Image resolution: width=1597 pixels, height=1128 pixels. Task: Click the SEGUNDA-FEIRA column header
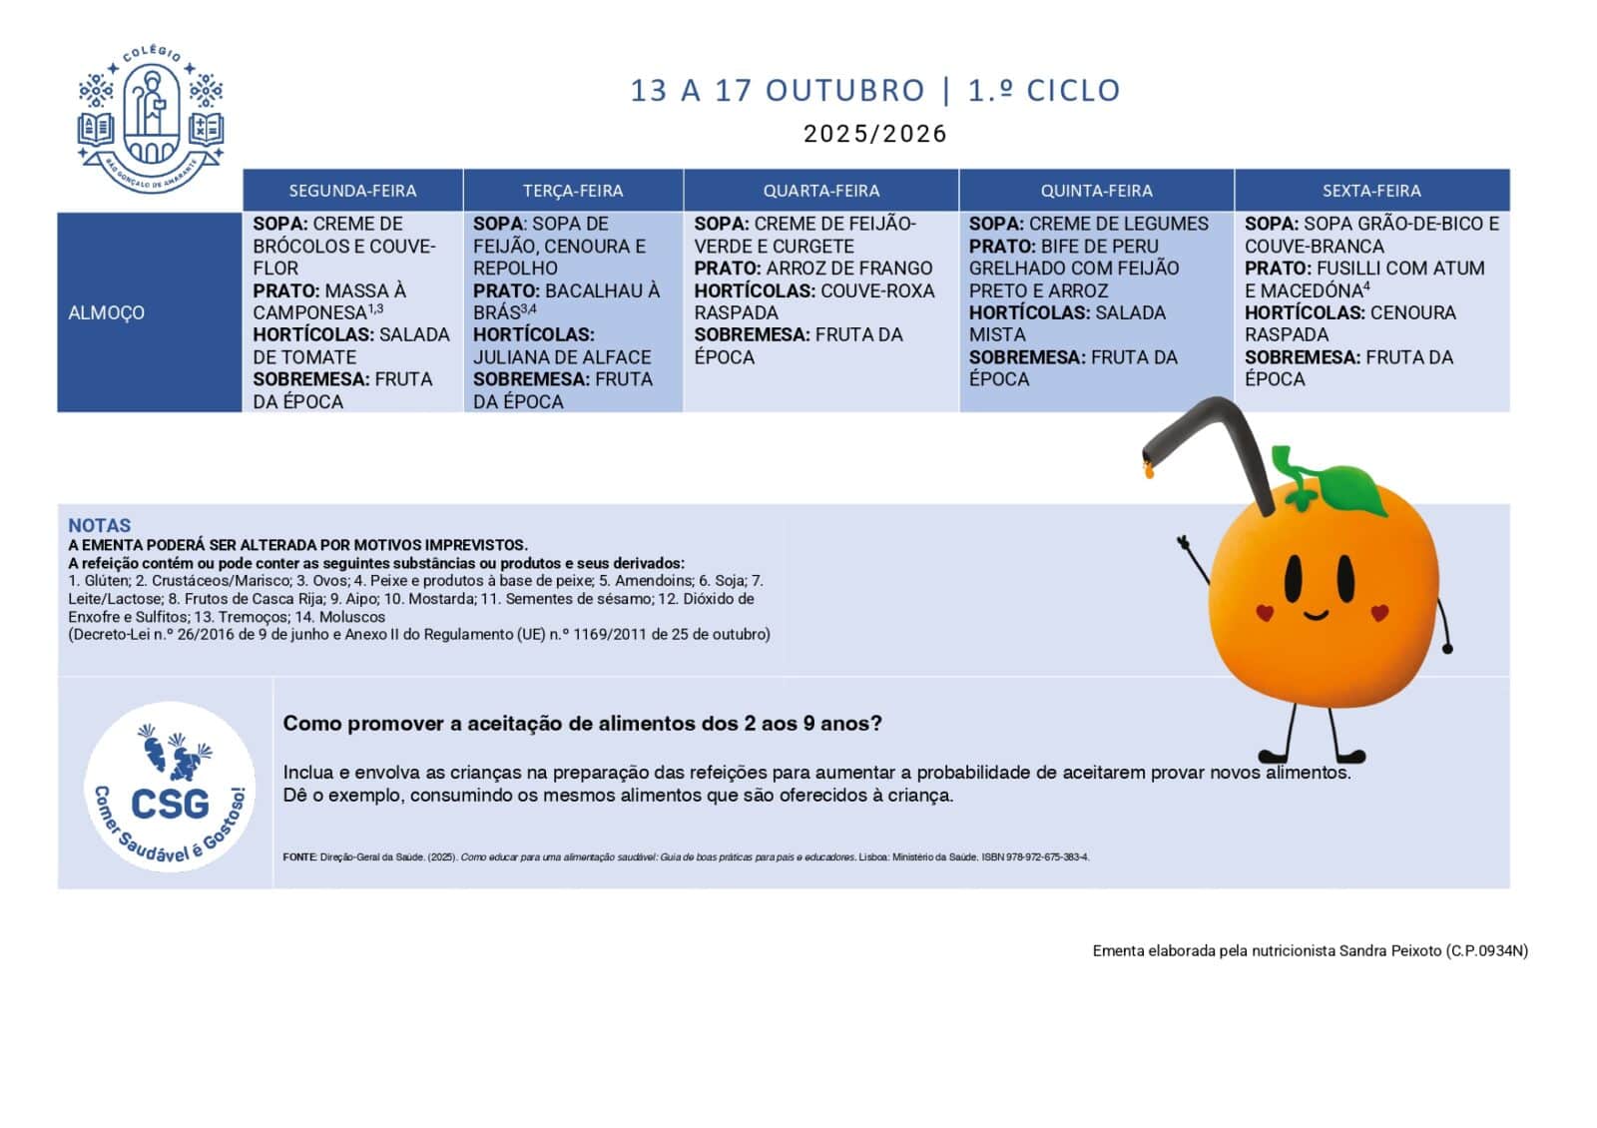pos(352,191)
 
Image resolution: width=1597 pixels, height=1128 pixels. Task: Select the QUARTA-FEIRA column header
pos(821,191)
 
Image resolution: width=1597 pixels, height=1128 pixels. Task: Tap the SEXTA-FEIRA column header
pos(1371,191)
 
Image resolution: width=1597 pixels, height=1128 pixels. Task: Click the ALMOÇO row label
pos(107,312)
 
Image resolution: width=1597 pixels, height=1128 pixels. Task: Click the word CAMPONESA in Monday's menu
pos(309,312)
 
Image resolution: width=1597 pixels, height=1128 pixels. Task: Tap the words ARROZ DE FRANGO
pos(849,268)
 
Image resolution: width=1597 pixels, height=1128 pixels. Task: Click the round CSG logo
pos(170,787)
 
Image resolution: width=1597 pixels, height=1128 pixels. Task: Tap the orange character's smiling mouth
pos(1317,613)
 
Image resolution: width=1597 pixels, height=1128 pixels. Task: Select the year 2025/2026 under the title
pos(874,134)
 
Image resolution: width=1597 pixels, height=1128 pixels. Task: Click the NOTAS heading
pos(99,525)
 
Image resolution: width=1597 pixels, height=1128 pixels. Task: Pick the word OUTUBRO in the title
pos(845,91)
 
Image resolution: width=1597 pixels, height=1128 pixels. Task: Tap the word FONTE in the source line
pos(299,857)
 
